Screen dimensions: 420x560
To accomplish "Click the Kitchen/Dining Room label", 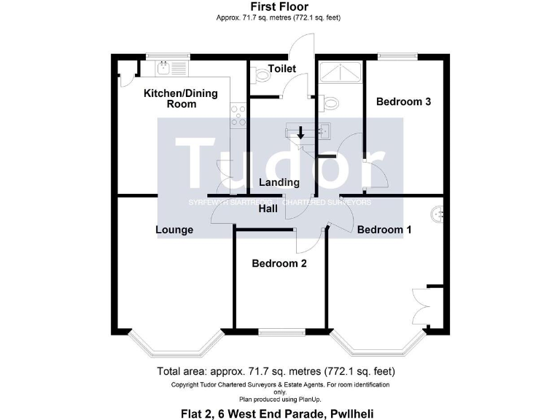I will click(x=170, y=98).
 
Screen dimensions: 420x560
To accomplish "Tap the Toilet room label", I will click(x=282, y=69).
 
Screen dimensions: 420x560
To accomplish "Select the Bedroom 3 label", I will click(x=403, y=101).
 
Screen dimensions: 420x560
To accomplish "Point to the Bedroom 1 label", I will click(x=384, y=230).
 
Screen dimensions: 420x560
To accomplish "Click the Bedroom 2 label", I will click(x=279, y=263).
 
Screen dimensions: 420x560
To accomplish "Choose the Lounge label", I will click(x=174, y=230).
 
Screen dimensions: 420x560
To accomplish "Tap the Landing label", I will click(x=279, y=182).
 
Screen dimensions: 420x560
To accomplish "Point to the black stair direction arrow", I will click(x=300, y=133).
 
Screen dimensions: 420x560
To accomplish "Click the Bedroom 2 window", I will click(x=280, y=332).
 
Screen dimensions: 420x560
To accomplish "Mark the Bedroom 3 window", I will click(x=397, y=56).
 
